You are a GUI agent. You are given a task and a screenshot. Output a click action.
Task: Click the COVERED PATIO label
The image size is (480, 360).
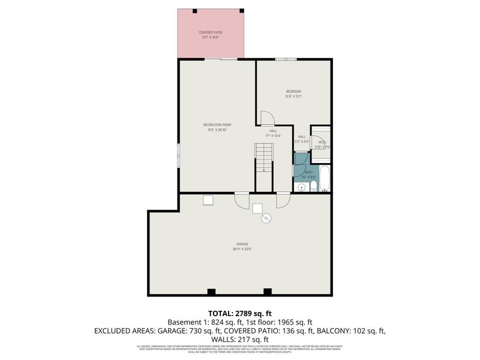[210, 32]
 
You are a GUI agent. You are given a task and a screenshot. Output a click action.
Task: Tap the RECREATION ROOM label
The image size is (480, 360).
[217, 125]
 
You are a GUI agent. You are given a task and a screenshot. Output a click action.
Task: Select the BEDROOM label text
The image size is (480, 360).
[293, 91]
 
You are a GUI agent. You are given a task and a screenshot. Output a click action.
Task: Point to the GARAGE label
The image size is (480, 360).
[242, 244]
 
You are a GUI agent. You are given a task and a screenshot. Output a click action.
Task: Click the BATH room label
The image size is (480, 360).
[308, 172]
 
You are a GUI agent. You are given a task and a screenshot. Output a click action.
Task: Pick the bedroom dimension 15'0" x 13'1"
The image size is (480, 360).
[293, 96]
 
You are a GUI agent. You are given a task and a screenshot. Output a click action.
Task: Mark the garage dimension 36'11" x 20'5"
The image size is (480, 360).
[242, 248]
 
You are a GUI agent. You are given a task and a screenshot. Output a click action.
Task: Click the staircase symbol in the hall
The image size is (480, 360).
[264, 158]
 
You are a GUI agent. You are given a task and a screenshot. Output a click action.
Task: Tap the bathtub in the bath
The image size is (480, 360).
[324, 179]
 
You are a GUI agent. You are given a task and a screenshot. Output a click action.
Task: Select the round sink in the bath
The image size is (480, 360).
[302, 188]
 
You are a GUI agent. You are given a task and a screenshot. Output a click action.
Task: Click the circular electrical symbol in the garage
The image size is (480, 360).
[266, 220]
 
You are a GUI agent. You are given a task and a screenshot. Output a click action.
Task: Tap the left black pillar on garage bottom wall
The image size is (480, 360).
[211, 292]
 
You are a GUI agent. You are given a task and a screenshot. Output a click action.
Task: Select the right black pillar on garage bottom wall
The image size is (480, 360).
[268, 292]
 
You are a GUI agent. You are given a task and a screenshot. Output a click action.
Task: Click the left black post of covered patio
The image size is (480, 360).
[195, 11]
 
